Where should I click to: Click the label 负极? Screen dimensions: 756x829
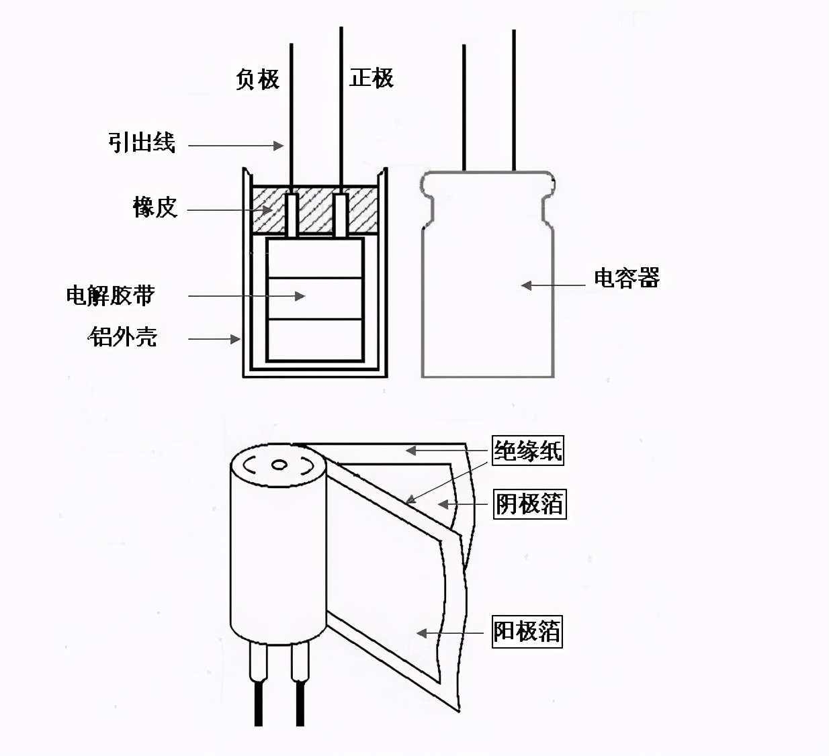[x=257, y=79]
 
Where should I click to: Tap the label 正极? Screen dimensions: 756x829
[x=371, y=78]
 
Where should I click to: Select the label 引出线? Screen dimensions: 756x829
[x=142, y=142]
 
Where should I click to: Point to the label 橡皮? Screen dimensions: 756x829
[x=155, y=207]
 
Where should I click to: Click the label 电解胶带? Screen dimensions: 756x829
[x=111, y=295]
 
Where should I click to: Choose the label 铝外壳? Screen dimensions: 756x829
[x=122, y=336]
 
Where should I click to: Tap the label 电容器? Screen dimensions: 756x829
[x=626, y=277]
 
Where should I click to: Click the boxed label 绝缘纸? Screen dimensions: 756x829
[x=527, y=451]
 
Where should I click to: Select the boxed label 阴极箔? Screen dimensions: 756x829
[x=529, y=504]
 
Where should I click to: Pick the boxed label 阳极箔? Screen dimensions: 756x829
[x=527, y=632]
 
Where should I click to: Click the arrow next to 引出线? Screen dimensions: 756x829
[x=235, y=145]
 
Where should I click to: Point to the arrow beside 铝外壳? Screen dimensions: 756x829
[x=214, y=339]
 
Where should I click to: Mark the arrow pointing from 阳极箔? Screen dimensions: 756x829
[x=450, y=633]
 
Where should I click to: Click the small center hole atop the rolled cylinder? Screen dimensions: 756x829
[x=279, y=465]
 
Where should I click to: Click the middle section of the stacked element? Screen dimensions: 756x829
[x=314, y=298]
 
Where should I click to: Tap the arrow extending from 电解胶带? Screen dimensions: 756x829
[x=246, y=295]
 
